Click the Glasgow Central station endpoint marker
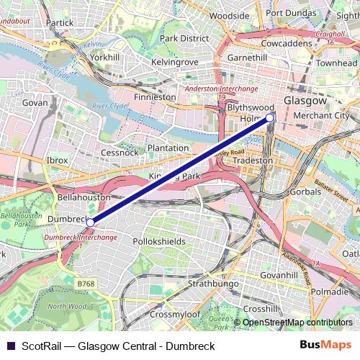pyautogui.click(x=270, y=117)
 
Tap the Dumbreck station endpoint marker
pyautogui.click(x=89, y=222)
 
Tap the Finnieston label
pyautogui.click(x=155, y=96)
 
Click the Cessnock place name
pyautogui.click(x=120, y=153)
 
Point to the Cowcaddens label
pyautogui.click(x=287, y=43)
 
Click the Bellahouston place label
pyautogui.click(x=84, y=196)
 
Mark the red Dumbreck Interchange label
pyautogui.click(x=80, y=237)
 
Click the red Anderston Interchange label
pyautogui.click(x=221, y=89)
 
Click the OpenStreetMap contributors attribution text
pyautogui.click(x=297, y=323)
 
